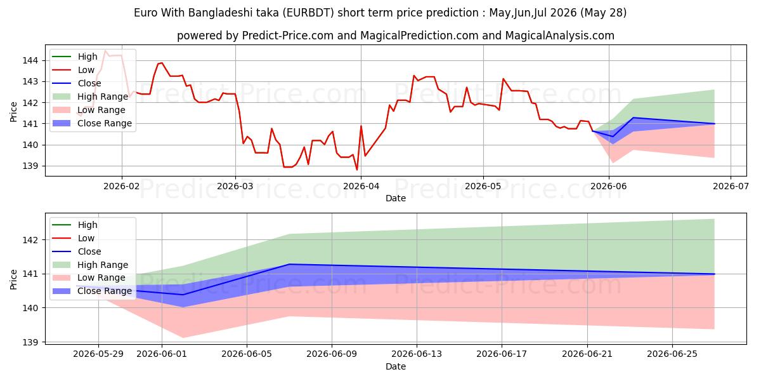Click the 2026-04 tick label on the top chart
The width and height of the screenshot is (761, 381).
[x=361, y=186]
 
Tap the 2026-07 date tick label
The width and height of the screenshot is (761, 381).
[x=731, y=186]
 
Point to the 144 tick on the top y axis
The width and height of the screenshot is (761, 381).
[x=30, y=60]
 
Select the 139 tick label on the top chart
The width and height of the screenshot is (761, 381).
[x=30, y=166]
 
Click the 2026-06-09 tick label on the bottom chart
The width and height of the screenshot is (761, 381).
[x=332, y=354]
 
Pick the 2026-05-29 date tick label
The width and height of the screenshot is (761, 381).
[x=98, y=354]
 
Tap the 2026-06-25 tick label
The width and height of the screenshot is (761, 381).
[x=672, y=354]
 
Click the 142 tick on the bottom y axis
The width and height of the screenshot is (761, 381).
[x=30, y=240]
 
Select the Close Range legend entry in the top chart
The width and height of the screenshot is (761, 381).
[x=92, y=123]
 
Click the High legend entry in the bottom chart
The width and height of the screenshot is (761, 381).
[x=75, y=225]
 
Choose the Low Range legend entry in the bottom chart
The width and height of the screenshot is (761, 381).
[x=89, y=278]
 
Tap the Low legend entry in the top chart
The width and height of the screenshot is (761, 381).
[x=74, y=70]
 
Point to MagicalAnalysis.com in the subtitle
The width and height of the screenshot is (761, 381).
[x=559, y=36]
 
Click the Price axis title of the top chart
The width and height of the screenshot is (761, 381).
[x=13, y=112]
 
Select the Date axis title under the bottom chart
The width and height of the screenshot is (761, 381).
[x=396, y=366]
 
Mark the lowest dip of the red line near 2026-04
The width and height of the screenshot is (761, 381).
[x=356, y=170]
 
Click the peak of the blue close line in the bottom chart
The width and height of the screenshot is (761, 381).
[x=289, y=264]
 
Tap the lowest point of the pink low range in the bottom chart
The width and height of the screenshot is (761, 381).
[x=183, y=337]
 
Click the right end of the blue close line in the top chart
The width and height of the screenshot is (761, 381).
[x=715, y=123]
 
